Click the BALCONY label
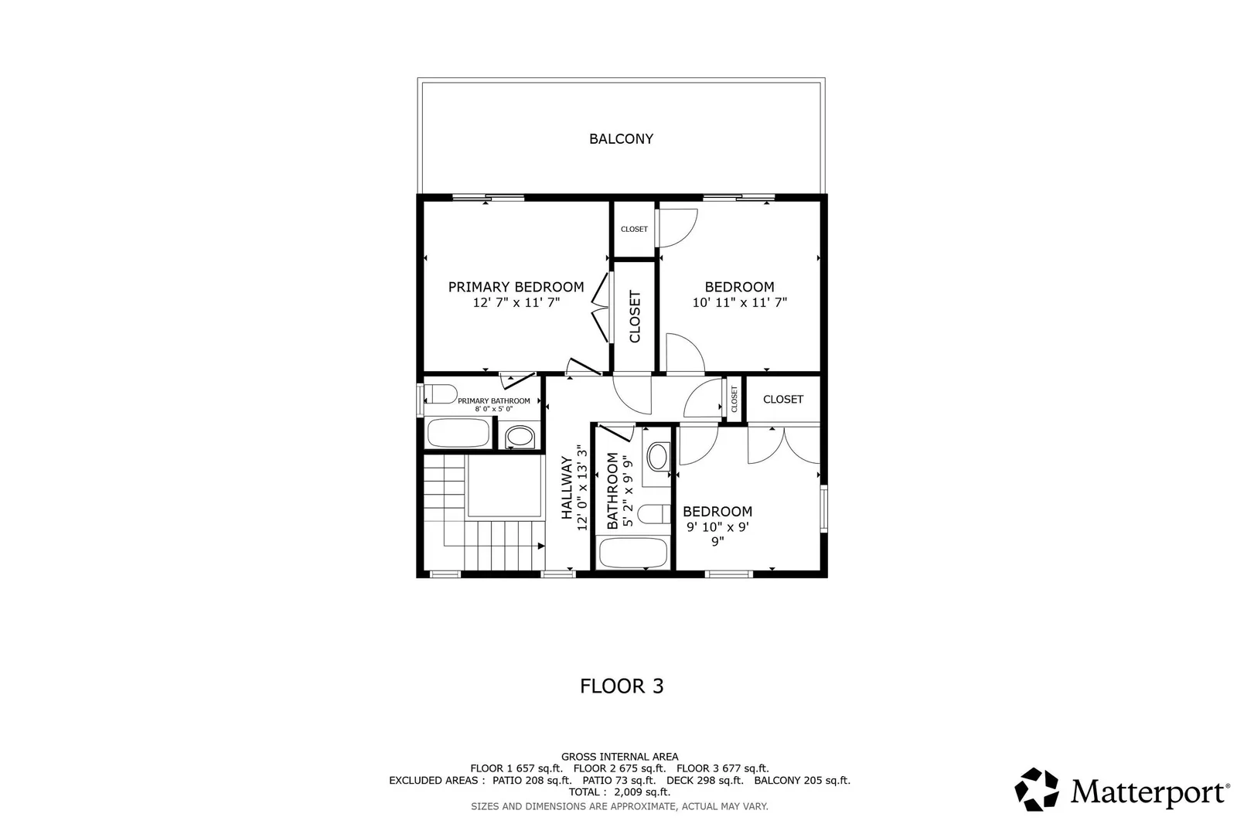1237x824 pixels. pos(621,139)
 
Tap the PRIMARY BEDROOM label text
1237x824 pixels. pos(516,287)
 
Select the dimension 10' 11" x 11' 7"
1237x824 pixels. pos(739,303)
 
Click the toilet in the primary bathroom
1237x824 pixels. pos(440,395)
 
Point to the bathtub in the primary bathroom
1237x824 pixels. pos(458,434)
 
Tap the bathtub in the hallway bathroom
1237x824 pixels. pos(633,553)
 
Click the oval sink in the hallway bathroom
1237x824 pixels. pos(659,457)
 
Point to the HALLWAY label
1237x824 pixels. pos(567,488)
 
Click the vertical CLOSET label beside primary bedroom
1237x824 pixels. pos(635,316)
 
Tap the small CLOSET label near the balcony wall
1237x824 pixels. pos(634,230)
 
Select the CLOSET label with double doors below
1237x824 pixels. pos(782,400)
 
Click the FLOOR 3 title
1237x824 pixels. pos(622,686)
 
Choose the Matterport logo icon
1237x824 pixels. pos(1036,789)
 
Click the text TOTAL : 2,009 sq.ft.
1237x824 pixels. pos(619,792)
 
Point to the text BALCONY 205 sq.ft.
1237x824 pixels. pos(802,781)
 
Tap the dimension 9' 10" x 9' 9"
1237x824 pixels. pos(717,533)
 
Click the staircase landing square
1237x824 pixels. pos(503,485)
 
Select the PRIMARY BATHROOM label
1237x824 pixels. pos(493,401)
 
